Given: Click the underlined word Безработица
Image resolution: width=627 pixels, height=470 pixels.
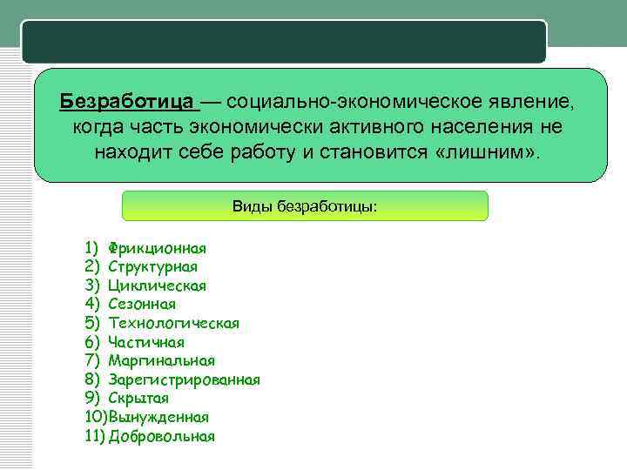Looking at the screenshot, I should tap(128, 103).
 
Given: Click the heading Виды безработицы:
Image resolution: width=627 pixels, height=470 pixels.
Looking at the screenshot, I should tap(305, 206).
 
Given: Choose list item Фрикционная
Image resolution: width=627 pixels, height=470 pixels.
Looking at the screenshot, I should tap(157, 248).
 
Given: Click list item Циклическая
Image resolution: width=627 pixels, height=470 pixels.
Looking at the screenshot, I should tap(157, 285).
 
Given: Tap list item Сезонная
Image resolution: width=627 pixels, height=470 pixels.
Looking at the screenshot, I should tap(142, 304).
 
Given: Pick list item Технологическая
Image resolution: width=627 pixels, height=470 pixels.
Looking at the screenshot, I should tap(173, 323).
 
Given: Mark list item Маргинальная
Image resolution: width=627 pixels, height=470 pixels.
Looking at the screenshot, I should tap(161, 360).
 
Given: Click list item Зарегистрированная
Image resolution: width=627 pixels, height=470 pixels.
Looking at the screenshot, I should tap(184, 379).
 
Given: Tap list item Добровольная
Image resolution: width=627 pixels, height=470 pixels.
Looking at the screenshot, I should tap(161, 436).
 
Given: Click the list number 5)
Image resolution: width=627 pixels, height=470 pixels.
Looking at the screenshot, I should tap(94, 323).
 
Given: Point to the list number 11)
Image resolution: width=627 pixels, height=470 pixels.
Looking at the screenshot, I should tap(95, 436).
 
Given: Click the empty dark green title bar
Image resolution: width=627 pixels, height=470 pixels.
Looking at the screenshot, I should tap(284, 42).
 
